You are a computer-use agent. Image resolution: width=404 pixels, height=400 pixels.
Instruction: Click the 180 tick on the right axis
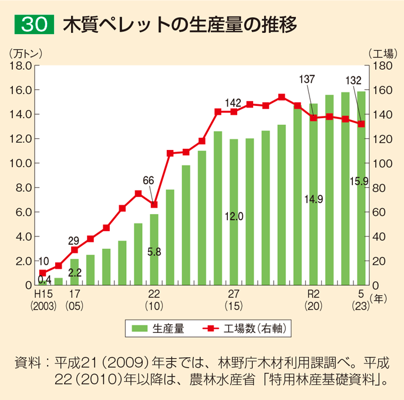[382, 65]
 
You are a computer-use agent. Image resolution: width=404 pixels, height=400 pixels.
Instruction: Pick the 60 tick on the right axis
[379, 212]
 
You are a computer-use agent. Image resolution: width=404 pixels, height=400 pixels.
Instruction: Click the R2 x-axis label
[313, 294]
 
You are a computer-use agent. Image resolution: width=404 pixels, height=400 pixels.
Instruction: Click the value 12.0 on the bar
[234, 216]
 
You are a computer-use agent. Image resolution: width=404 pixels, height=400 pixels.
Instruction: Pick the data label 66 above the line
[149, 180]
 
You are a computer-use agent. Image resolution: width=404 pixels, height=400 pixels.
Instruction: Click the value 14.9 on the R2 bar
[313, 199]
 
